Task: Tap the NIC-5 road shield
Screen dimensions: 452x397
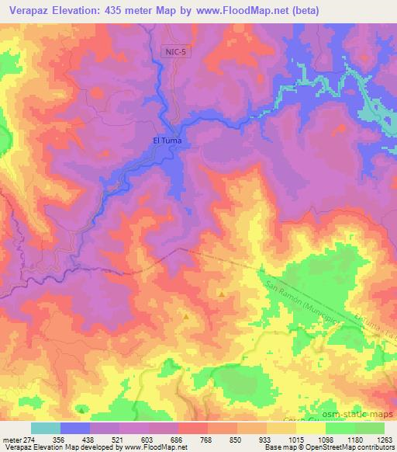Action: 175,51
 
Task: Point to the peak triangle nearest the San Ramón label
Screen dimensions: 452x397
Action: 222,294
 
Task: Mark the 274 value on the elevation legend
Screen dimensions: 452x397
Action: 30,439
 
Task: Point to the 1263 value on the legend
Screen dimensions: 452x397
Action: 382,439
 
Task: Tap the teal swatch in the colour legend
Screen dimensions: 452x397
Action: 46,428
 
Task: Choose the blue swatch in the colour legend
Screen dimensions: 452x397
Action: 75,428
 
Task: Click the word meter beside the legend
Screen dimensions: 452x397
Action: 12,439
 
